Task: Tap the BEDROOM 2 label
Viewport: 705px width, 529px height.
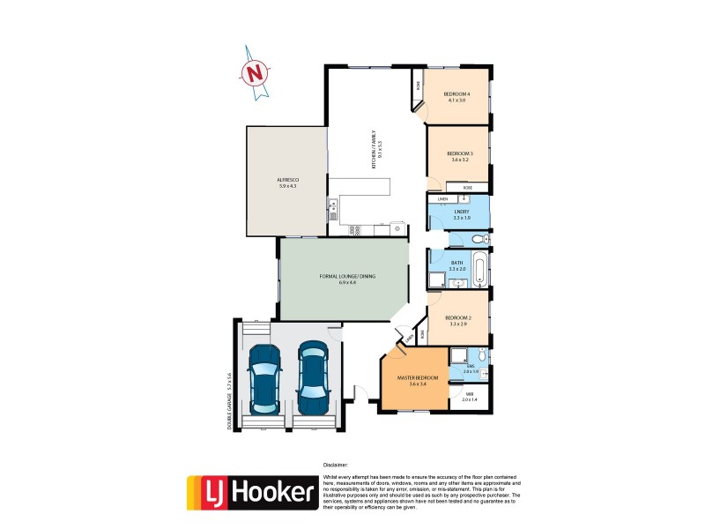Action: pyautogui.click(x=459, y=320)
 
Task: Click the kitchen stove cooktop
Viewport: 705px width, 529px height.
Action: pyautogui.click(x=354, y=231)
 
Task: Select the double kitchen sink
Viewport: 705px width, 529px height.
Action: pyautogui.click(x=332, y=210)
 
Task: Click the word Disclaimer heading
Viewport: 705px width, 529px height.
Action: pyautogui.click(x=336, y=464)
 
